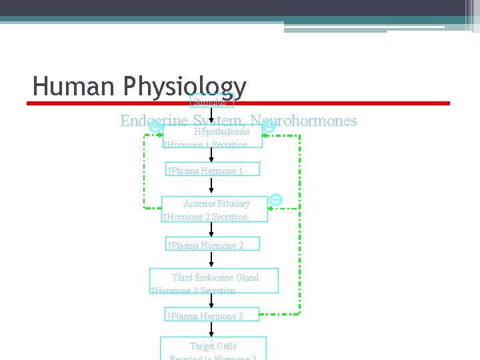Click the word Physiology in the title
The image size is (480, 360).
pyautogui.click(x=185, y=87)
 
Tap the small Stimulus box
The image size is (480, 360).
pyautogui.click(x=212, y=102)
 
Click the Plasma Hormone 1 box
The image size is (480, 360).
pyautogui.click(x=212, y=171)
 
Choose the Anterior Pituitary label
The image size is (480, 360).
pyautogui.click(x=217, y=203)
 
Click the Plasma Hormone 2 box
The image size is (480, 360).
pyautogui.click(x=212, y=245)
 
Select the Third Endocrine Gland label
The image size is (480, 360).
pyautogui.click(x=215, y=277)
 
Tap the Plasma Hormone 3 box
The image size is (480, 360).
pyautogui.click(x=212, y=316)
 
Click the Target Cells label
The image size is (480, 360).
pyautogui.click(x=213, y=346)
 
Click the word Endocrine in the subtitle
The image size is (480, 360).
pyautogui.click(x=154, y=121)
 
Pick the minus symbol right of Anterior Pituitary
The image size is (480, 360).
pyautogui.click(x=277, y=199)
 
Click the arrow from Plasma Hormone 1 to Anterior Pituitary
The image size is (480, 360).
pyautogui.click(x=212, y=187)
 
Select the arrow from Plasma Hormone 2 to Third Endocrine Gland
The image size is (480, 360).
pyautogui.click(x=212, y=261)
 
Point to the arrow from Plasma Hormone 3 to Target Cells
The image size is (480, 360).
pyautogui.click(x=212, y=329)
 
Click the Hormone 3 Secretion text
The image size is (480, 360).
pyautogui.click(x=193, y=291)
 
